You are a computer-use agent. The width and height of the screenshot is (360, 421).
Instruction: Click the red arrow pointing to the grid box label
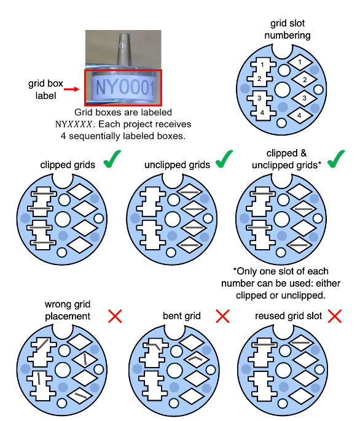(72, 89)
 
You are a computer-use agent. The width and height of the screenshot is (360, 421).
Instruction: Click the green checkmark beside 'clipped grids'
(112, 159)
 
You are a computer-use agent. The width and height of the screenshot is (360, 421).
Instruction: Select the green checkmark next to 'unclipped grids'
(224, 159)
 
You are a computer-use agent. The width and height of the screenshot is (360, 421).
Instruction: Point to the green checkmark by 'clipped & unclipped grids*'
(336, 159)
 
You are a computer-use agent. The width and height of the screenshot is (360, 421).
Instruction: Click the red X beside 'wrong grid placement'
(115, 316)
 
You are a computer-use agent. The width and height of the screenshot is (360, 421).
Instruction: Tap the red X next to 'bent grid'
(222, 316)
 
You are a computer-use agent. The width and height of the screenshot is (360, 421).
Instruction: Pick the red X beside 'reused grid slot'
(335, 316)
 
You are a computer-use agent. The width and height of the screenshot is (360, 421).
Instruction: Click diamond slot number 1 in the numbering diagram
(300, 63)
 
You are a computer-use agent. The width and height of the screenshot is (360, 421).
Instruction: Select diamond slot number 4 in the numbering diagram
(300, 116)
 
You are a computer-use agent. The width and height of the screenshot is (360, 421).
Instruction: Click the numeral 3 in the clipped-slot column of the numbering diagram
(259, 98)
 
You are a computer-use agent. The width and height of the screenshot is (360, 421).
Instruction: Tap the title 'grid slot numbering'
(288, 29)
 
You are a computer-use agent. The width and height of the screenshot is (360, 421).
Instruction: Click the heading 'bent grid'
(182, 315)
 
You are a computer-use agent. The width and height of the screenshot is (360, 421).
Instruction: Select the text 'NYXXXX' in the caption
(74, 125)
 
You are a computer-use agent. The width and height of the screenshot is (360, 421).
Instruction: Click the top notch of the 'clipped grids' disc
(63, 180)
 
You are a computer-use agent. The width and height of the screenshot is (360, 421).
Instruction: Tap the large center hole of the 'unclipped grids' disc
(173, 219)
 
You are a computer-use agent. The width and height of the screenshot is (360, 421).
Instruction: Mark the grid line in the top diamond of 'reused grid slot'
(301, 342)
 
